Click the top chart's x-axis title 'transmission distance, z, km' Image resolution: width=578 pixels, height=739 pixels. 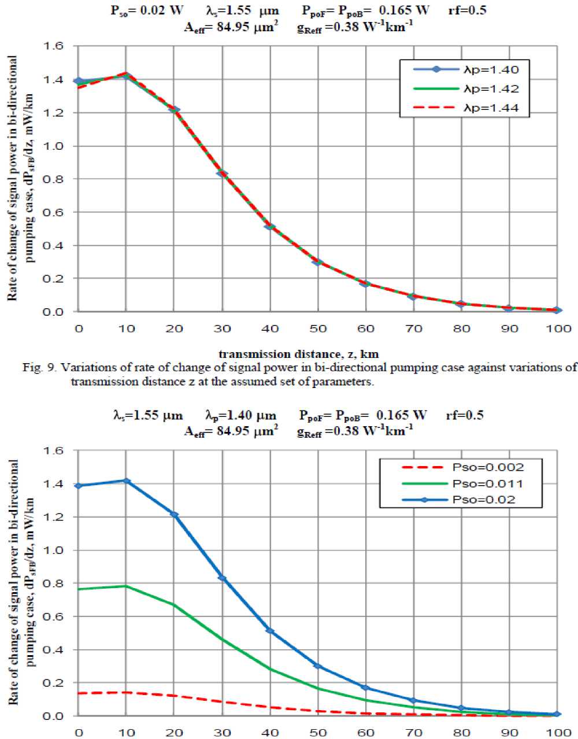coord(299,354)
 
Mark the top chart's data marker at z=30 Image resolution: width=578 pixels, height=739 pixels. coord(222,173)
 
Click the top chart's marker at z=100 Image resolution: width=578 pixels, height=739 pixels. coord(557,311)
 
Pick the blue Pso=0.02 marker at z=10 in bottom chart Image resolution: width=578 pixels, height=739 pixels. coord(126,481)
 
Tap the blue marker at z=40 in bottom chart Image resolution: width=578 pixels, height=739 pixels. coord(270,631)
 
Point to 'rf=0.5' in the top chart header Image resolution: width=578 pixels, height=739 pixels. coord(467,10)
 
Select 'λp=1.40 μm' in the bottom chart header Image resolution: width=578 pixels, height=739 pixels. coord(240,415)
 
